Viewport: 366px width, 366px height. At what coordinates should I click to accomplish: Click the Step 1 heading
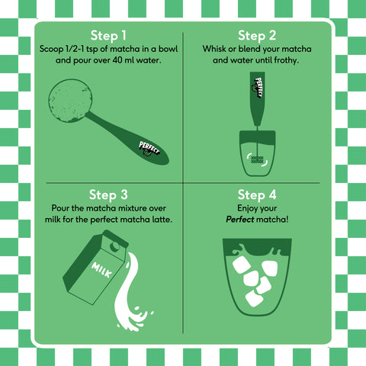108,36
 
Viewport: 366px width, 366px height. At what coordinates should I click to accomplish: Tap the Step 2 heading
257,36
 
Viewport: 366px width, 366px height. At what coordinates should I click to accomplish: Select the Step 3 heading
108,195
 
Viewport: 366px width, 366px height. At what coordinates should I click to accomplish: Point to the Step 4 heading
257,195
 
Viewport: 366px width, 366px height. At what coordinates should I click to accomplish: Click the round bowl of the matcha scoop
70,101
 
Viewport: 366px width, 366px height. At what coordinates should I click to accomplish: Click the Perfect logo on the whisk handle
258,87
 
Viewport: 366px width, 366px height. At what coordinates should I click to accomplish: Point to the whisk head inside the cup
257,159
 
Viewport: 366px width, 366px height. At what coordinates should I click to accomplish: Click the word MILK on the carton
102,270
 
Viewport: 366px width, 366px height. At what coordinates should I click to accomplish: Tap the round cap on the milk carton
115,246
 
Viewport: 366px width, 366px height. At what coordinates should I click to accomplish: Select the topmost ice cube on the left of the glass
241,265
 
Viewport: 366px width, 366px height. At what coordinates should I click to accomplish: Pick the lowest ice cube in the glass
254,298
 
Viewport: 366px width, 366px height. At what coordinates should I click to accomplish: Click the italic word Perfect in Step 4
240,219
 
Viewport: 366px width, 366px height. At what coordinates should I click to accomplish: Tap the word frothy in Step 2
286,60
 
